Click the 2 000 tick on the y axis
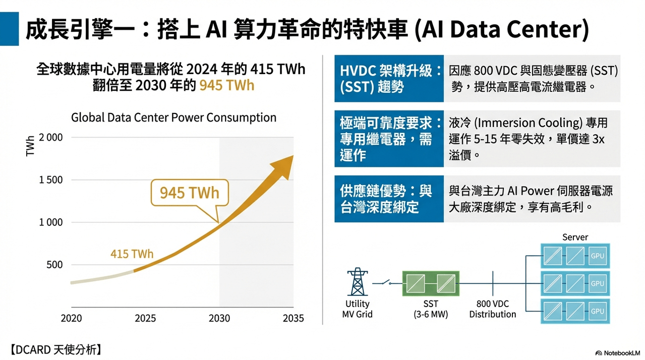pyautogui.click(x=50, y=137)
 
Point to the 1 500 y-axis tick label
pyautogui.click(x=50, y=179)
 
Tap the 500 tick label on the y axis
pyautogui.click(x=54, y=264)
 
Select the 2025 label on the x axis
pyautogui.click(x=145, y=318)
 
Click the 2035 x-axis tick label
pyautogui.click(x=293, y=318)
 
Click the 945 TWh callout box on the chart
pyautogui.click(x=190, y=193)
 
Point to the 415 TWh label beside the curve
pyautogui.click(x=132, y=254)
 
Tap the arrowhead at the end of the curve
pyautogui.click(x=283, y=167)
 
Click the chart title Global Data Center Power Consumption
pyautogui.click(x=173, y=117)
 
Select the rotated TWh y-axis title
pyautogui.click(x=30, y=146)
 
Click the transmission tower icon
pyautogui.click(x=358, y=281)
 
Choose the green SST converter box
pyautogui.click(x=431, y=283)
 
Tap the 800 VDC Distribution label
pyautogui.click(x=493, y=309)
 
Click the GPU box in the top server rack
pyautogui.click(x=598, y=256)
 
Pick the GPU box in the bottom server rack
pyautogui.click(x=598, y=311)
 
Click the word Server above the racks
pyautogui.click(x=575, y=237)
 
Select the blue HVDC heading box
pyautogui.click(x=389, y=78)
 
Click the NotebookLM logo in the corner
pyautogui.click(x=618, y=353)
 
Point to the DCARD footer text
pyautogui.click(x=56, y=350)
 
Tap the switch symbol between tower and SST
pyautogui.click(x=386, y=282)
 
